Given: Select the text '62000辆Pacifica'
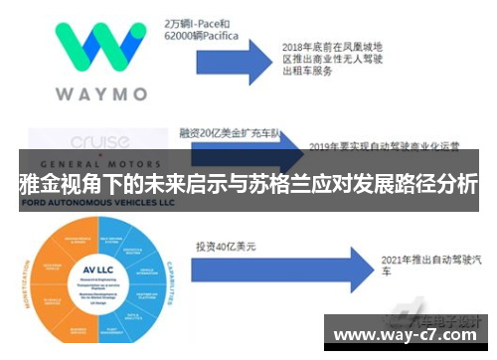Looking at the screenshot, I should click(203, 35).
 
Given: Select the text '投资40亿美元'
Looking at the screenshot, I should click(225, 245).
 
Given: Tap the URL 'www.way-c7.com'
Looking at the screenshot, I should click(409, 333).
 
